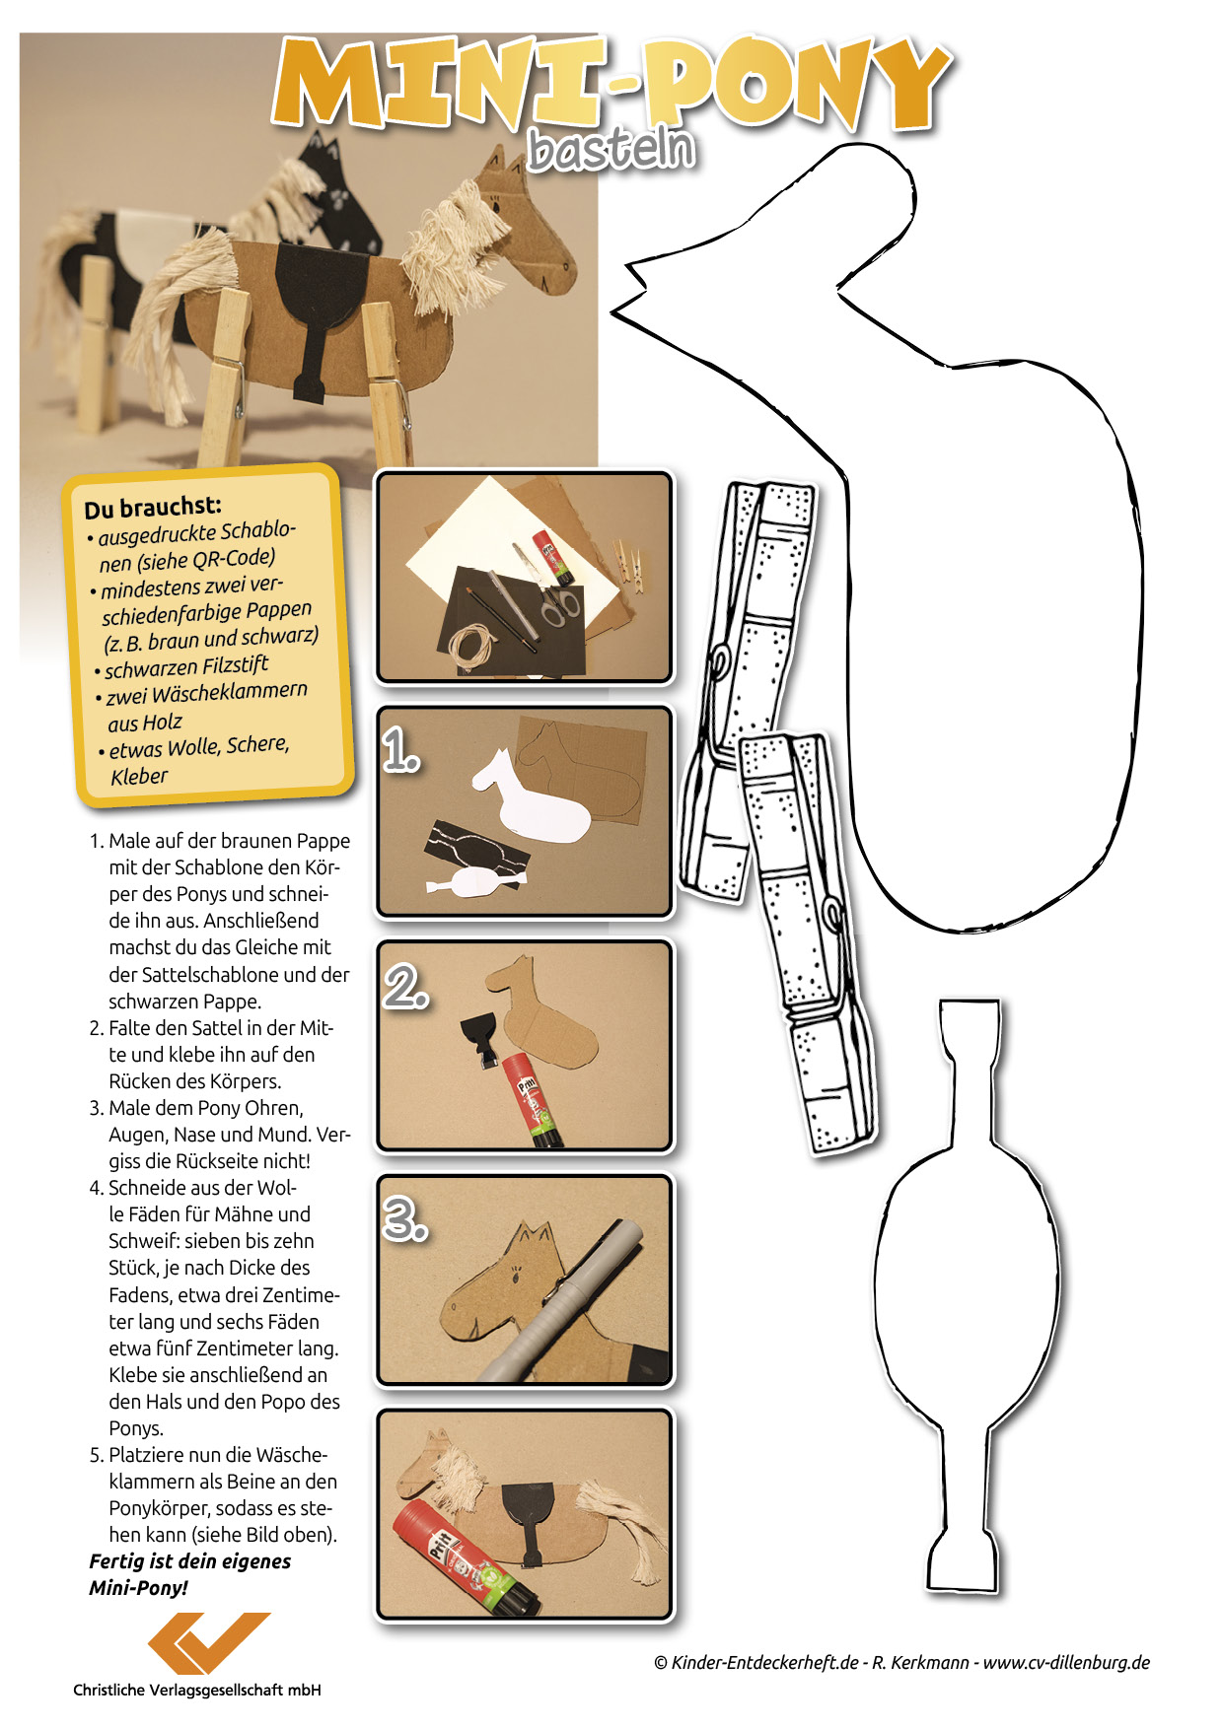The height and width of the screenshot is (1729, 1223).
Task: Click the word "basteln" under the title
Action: click(x=611, y=149)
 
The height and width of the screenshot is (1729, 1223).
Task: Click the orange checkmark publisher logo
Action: click(x=208, y=1642)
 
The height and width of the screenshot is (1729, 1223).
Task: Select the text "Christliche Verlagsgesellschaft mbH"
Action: click(x=197, y=1690)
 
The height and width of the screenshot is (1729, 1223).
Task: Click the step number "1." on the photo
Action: click(x=401, y=750)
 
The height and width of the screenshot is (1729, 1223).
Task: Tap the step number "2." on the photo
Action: click(x=406, y=987)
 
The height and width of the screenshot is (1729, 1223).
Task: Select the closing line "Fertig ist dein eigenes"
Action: click(x=190, y=1561)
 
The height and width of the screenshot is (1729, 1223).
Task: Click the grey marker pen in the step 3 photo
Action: click(x=562, y=1301)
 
